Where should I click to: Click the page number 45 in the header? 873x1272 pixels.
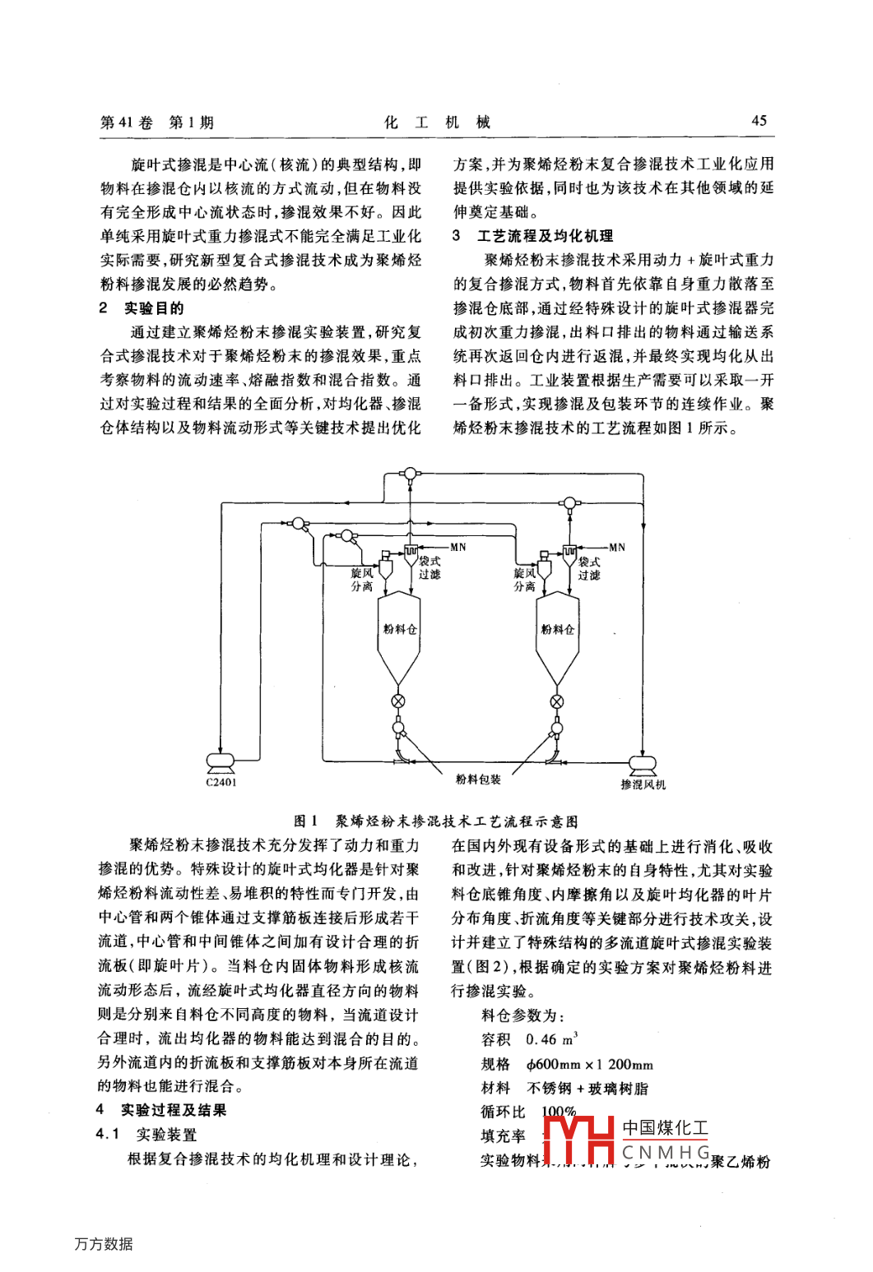point(759,121)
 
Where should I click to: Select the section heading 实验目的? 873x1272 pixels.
point(153,308)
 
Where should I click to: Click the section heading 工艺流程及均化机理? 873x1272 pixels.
point(545,236)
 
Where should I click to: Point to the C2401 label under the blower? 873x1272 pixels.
point(221,782)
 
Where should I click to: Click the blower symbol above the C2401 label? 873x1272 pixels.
point(220,762)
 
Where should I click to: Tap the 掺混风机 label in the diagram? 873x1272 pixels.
point(643,784)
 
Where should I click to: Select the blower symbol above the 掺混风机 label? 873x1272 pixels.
point(643,764)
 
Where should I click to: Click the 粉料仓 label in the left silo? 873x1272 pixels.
point(399,629)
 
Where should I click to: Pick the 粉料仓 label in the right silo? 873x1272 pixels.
point(557,629)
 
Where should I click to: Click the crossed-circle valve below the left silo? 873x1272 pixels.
point(398,701)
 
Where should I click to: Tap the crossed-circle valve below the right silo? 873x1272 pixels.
point(557,701)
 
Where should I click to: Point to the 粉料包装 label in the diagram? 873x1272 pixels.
point(478,779)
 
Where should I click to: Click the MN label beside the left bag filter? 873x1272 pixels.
point(458,547)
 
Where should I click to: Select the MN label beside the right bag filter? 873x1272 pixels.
point(617,547)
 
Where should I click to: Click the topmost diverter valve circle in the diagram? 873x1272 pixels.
point(409,473)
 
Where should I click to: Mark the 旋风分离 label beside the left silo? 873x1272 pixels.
point(362,579)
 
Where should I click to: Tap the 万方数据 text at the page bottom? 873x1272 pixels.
point(104,1244)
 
